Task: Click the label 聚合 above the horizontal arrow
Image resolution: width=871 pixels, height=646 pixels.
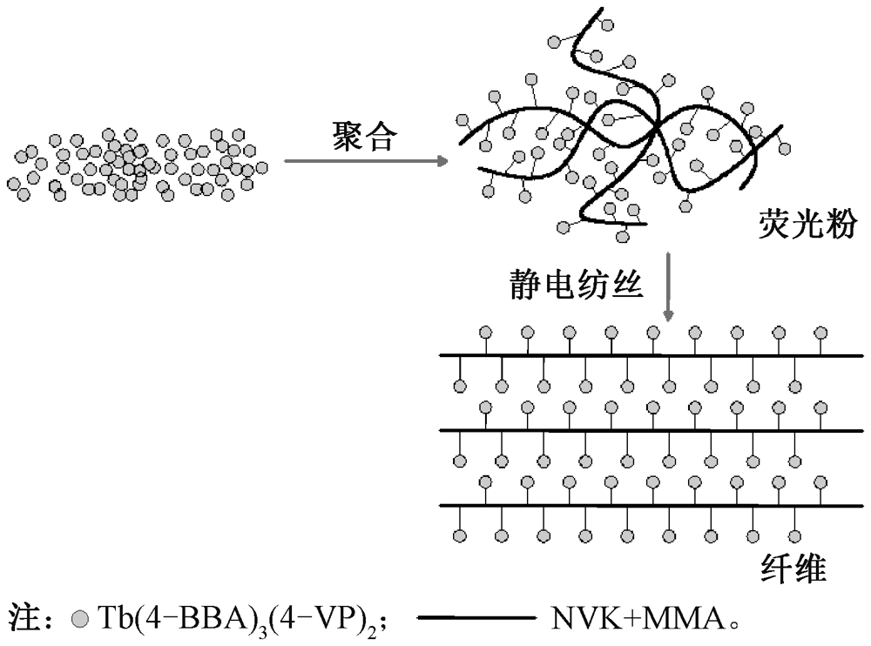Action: pyautogui.click(x=364, y=137)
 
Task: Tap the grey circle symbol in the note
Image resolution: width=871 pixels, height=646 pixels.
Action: pyautogui.click(x=80, y=621)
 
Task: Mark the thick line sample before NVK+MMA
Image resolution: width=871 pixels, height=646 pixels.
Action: pyautogui.click(x=476, y=620)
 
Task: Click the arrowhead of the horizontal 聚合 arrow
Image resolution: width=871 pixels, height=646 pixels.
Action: pyautogui.click(x=442, y=161)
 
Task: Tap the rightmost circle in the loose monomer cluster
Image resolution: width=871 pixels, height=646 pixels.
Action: pyautogui.click(x=260, y=165)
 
